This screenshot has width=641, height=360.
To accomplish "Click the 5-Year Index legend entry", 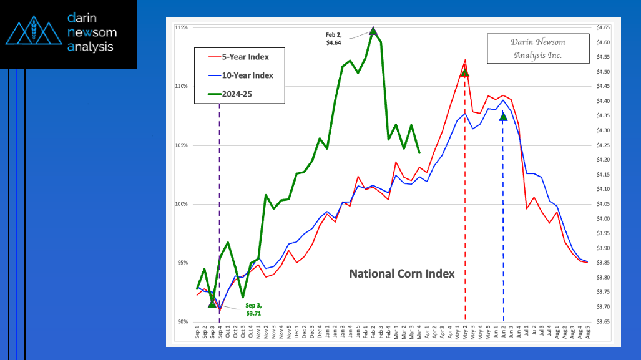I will pos(239,57).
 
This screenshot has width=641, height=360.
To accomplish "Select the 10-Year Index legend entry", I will pos(239,75).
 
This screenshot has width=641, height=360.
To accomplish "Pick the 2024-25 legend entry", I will pos(239,94).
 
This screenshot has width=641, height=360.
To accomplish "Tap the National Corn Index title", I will pos(401,273).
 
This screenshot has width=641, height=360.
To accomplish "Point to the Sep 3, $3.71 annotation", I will pos(253,309).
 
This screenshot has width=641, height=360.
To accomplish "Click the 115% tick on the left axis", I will pos(182,28).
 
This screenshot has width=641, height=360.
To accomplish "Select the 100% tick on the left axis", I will pos(182,204).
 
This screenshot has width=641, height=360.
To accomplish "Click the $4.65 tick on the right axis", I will pos(603,28).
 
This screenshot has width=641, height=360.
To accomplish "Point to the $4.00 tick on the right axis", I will pos(603,219).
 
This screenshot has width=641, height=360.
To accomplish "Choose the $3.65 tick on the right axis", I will pos(603,322).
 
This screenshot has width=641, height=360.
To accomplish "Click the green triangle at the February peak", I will pos(373,31).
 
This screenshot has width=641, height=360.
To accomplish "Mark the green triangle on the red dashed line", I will pos(464,72).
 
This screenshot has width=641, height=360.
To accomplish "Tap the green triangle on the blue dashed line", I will pos(503,117).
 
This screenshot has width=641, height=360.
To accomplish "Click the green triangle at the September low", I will pos(212,303).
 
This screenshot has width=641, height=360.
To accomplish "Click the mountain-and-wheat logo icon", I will pos(34,33).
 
